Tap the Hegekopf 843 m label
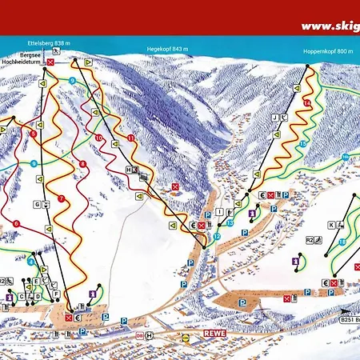(167, 50)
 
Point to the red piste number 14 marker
(306, 104)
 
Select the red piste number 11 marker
(130, 138)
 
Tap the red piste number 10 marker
(98, 138)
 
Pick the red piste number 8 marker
(82, 164)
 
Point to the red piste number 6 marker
(16, 223)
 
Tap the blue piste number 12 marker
(216, 237)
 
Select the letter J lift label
(274, 118)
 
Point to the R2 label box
(310, 238)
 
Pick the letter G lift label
(36, 205)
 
